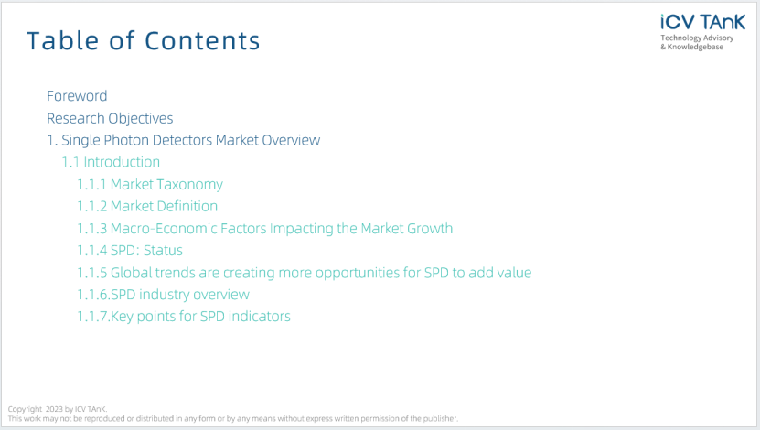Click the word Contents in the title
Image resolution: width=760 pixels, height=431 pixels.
(x=203, y=41)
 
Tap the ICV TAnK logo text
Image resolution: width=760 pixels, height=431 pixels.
(x=702, y=22)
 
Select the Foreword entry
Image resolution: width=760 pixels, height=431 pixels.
(x=77, y=96)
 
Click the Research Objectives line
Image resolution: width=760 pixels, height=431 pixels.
(x=110, y=118)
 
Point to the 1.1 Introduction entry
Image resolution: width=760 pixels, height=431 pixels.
(x=111, y=162)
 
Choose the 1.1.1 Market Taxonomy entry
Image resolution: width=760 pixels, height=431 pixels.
(x=150, y=185)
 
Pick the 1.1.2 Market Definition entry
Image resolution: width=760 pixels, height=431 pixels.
(x=147, y=206)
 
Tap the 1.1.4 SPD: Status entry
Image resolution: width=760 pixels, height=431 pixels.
(x=130, y=251)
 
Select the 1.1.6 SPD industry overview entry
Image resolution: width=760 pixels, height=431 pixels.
(x=164, y=295)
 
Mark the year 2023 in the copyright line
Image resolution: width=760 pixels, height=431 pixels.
(x=54, y=409)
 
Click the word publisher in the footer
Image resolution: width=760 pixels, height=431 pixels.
(x=440, y=418)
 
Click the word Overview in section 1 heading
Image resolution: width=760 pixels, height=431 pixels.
(x=291, y=140)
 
